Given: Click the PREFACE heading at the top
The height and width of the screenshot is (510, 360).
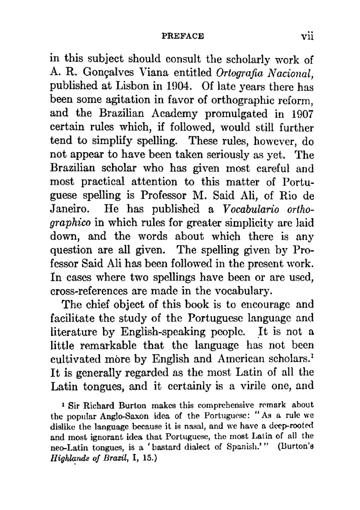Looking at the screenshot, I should [183, 36].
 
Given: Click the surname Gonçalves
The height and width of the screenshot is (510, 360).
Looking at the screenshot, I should [111, 72].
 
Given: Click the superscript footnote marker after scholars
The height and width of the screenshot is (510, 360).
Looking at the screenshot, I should [312, 356].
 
